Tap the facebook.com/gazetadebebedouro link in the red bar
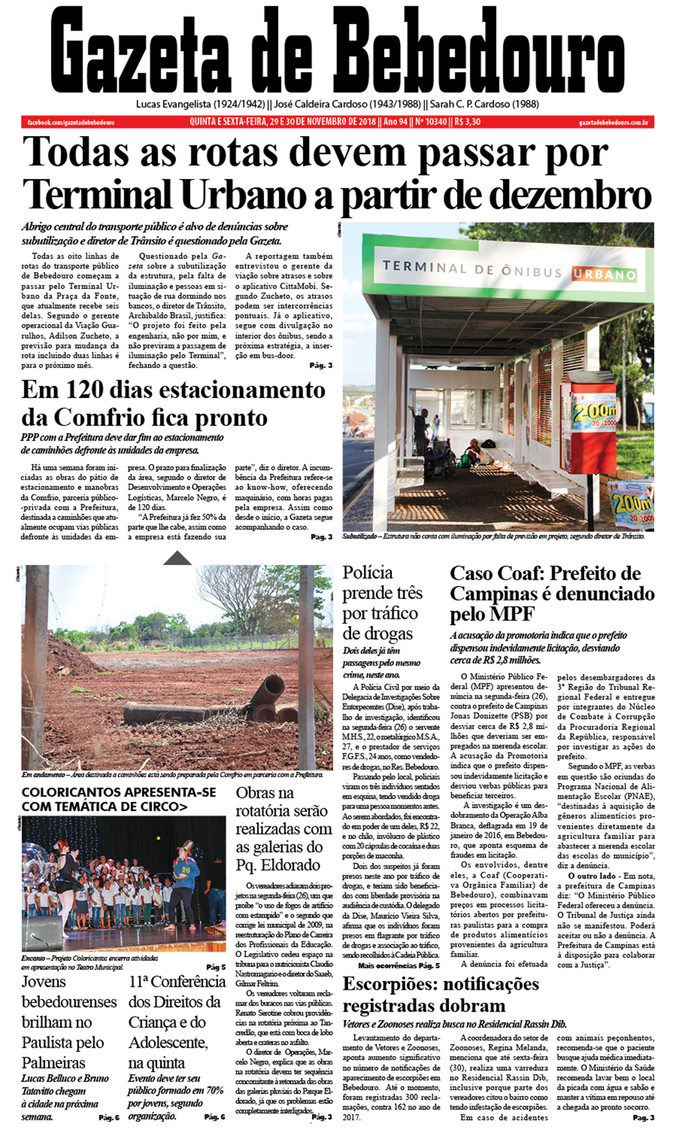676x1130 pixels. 71,122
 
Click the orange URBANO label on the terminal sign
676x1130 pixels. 604,274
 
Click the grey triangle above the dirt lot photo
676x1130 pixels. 177,558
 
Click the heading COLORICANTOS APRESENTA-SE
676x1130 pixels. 118,792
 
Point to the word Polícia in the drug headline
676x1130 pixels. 367,572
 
